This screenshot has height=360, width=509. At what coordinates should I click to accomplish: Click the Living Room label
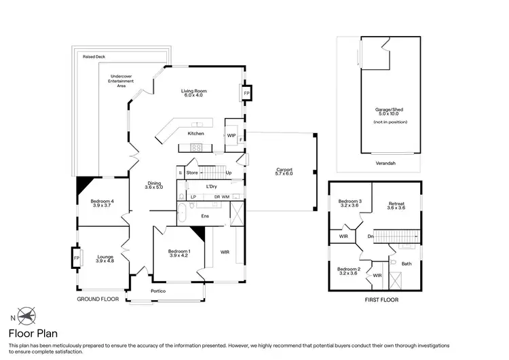(194, 93)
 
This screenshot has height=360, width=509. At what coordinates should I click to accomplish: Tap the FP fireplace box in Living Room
(246, 93)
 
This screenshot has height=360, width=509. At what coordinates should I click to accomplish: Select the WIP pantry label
(231, 135)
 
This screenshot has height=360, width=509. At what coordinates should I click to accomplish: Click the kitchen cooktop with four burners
(196, 147)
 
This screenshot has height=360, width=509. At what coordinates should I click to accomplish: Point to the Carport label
(284, 172)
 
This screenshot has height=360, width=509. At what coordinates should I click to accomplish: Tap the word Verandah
(385, 163)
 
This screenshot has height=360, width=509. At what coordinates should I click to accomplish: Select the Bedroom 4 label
(102, 203)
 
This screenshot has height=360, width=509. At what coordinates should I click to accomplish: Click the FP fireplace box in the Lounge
(77, 258)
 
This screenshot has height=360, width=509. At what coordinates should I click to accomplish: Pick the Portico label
(158, 291)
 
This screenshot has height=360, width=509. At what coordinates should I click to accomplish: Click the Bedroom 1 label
(179, 253)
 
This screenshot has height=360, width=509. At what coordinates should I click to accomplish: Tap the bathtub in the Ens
(181, 213)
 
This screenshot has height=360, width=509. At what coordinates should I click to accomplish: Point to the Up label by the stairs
(229, 173)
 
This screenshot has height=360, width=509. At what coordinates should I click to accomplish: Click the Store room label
(192, 173)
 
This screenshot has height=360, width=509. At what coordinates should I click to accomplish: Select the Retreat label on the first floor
(396, 206)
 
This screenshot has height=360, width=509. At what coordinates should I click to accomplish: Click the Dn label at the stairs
(371, 236)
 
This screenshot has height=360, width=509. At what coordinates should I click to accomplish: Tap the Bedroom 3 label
(350, 203)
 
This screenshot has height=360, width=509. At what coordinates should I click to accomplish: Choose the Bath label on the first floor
(407, 264)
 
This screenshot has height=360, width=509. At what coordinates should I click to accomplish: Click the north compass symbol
(26, 315)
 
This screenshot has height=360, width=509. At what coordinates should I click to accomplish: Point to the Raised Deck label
(94, 56)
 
